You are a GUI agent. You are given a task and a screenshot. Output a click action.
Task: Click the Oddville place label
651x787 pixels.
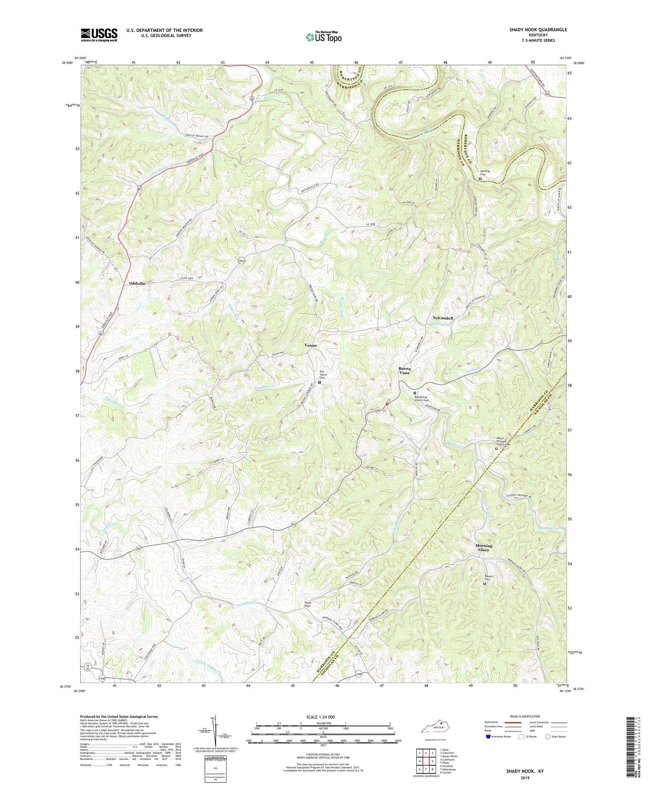coord(134,284)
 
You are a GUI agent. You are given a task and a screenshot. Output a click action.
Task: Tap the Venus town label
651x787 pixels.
coord(310,345)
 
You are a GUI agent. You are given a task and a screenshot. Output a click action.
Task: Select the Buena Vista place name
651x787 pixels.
coord(404,371)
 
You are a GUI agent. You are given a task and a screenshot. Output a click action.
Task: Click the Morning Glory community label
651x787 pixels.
coord(484,548)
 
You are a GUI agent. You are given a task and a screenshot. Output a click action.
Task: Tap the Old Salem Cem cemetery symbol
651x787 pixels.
coord(319,382)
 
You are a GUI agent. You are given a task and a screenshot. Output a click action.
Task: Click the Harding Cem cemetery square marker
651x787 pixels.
coord(480,179)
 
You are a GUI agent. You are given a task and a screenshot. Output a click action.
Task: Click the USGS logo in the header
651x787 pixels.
coord(99,35)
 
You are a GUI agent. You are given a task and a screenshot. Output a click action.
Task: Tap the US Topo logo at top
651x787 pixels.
coord(323,37)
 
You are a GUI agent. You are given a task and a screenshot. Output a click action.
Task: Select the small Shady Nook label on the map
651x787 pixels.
coord(308,604)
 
